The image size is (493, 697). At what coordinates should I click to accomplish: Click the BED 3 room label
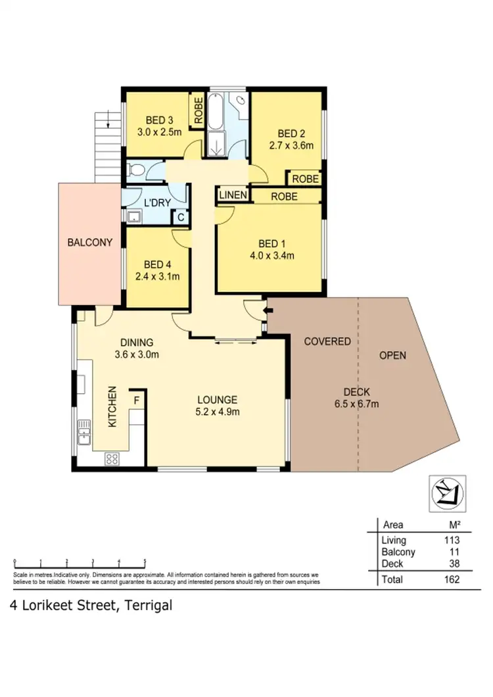(x=159, y=120)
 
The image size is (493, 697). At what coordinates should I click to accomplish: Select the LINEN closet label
(x=233, y=195)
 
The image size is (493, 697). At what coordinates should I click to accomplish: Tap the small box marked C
(x=179, y=217)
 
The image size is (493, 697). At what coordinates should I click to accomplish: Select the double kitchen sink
(x=83, y=432)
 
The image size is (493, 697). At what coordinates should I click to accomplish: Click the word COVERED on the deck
(x=327, y=342)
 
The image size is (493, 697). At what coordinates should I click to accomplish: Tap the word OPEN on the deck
(x=393, y=355)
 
